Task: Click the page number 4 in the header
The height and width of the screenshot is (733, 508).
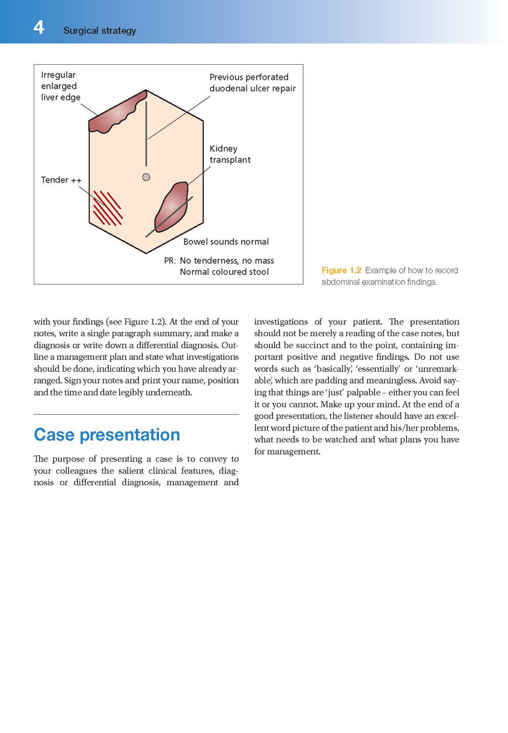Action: (39, 28)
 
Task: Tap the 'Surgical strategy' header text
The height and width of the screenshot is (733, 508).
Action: (99, 31)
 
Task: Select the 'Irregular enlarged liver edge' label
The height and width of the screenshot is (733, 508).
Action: (61, 86)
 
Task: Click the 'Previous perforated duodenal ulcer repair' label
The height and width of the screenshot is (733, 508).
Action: (252, 82)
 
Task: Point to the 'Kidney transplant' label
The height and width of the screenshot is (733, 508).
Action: (230, 154)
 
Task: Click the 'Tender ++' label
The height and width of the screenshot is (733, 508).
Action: (61, 180)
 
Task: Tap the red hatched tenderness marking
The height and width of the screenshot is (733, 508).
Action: (107, 208)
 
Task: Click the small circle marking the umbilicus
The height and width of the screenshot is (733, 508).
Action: (146, 177)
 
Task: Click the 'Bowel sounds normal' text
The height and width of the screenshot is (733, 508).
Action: (226, 241)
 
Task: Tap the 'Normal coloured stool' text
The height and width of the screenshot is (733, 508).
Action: (224, 272)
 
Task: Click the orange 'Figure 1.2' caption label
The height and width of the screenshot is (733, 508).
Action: (341, 270)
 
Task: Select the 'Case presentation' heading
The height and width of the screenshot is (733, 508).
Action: (107, 434)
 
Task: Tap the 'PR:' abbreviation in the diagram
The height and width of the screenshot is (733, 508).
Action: (170, 261)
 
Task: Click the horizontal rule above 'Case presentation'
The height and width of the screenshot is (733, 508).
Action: (136, 414)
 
